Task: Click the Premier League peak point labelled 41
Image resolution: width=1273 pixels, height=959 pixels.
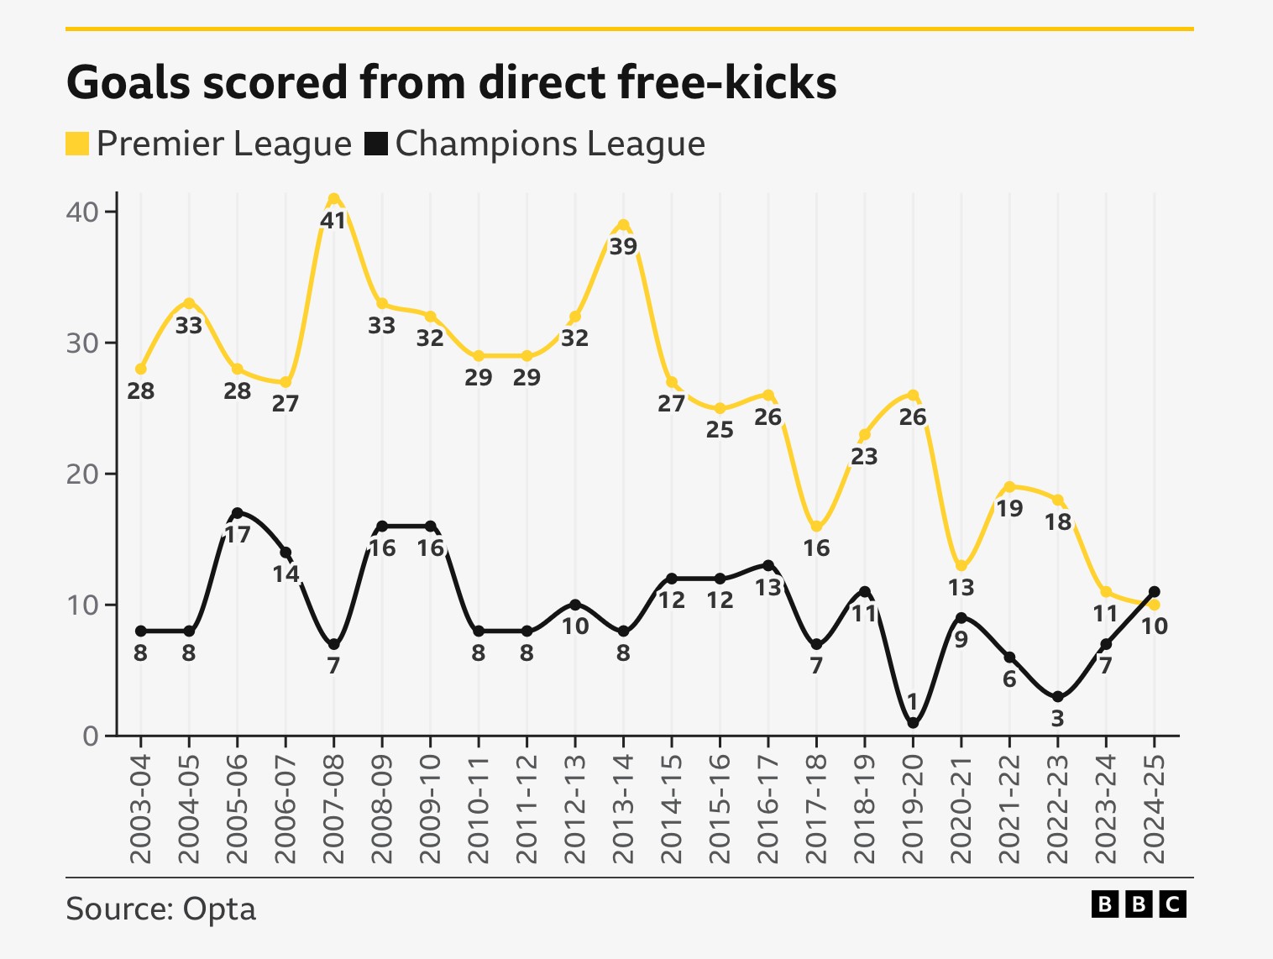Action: point(333,199)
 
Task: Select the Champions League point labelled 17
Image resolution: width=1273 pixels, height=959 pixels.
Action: point(237,513)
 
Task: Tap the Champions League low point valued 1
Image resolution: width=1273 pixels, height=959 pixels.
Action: point(913,723)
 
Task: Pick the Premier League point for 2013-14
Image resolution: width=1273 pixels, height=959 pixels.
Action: point(623,225)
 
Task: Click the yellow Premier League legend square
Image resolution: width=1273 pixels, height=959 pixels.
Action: point(77,144)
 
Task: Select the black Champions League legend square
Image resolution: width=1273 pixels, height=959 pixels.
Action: point(376,144)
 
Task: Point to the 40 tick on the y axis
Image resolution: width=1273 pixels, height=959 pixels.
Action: point(81,212)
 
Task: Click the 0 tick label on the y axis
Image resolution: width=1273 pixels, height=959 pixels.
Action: point(90,736)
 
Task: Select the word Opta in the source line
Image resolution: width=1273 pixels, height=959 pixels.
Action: point(219,909)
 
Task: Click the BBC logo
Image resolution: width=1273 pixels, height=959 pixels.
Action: point(1139,904)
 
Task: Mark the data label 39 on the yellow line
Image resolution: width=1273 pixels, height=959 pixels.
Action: point(623,247)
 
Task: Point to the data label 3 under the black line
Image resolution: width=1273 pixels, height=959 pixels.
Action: point(1057,719)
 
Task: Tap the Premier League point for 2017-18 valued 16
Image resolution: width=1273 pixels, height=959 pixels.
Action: point(816,527)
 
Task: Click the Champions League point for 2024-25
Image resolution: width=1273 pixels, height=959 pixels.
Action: point(1155,591)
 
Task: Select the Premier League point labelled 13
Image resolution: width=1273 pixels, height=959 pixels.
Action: point(961,566)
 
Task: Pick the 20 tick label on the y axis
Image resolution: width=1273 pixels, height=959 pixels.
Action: point(81,474)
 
